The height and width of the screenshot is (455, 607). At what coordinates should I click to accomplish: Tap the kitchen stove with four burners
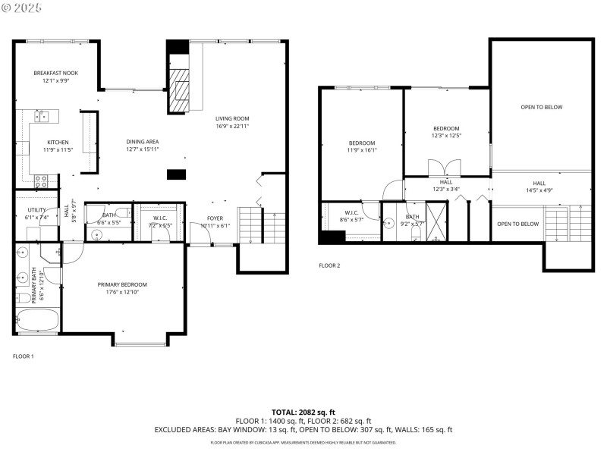[42, 180]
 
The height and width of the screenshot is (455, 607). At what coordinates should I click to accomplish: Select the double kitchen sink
[42, 116]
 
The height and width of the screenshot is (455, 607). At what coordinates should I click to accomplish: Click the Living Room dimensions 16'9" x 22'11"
[231, 127]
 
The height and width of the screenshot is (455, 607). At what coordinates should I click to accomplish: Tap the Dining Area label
[142, 142]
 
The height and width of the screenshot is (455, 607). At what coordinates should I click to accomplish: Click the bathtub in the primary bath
[36, 319]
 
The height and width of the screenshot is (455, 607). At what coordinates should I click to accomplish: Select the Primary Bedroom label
[122, 284]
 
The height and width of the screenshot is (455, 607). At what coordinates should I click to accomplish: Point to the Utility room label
[37, 210]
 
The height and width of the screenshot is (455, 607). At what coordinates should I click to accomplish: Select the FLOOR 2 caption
[329, 265]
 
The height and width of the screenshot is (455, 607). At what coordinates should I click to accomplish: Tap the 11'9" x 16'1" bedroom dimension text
[362, 150]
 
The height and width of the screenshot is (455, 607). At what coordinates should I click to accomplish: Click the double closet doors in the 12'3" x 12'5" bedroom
[442, 168]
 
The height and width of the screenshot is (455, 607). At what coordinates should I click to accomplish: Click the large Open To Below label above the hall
[541, 107]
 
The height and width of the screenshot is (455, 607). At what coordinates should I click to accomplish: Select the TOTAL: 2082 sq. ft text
[303, 411]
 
